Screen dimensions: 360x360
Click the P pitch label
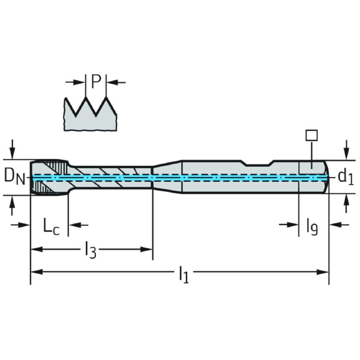click(95, 82)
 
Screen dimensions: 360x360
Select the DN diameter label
click(14, 176)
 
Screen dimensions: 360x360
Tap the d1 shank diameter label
click(345, 176)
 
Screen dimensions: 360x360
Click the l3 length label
click(90, 249)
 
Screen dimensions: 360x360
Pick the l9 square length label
click(312, 226)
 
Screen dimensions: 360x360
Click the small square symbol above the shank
click(310, 136)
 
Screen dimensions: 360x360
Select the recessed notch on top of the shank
click(258, 163)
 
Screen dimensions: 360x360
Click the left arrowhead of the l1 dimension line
click(35, 272)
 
